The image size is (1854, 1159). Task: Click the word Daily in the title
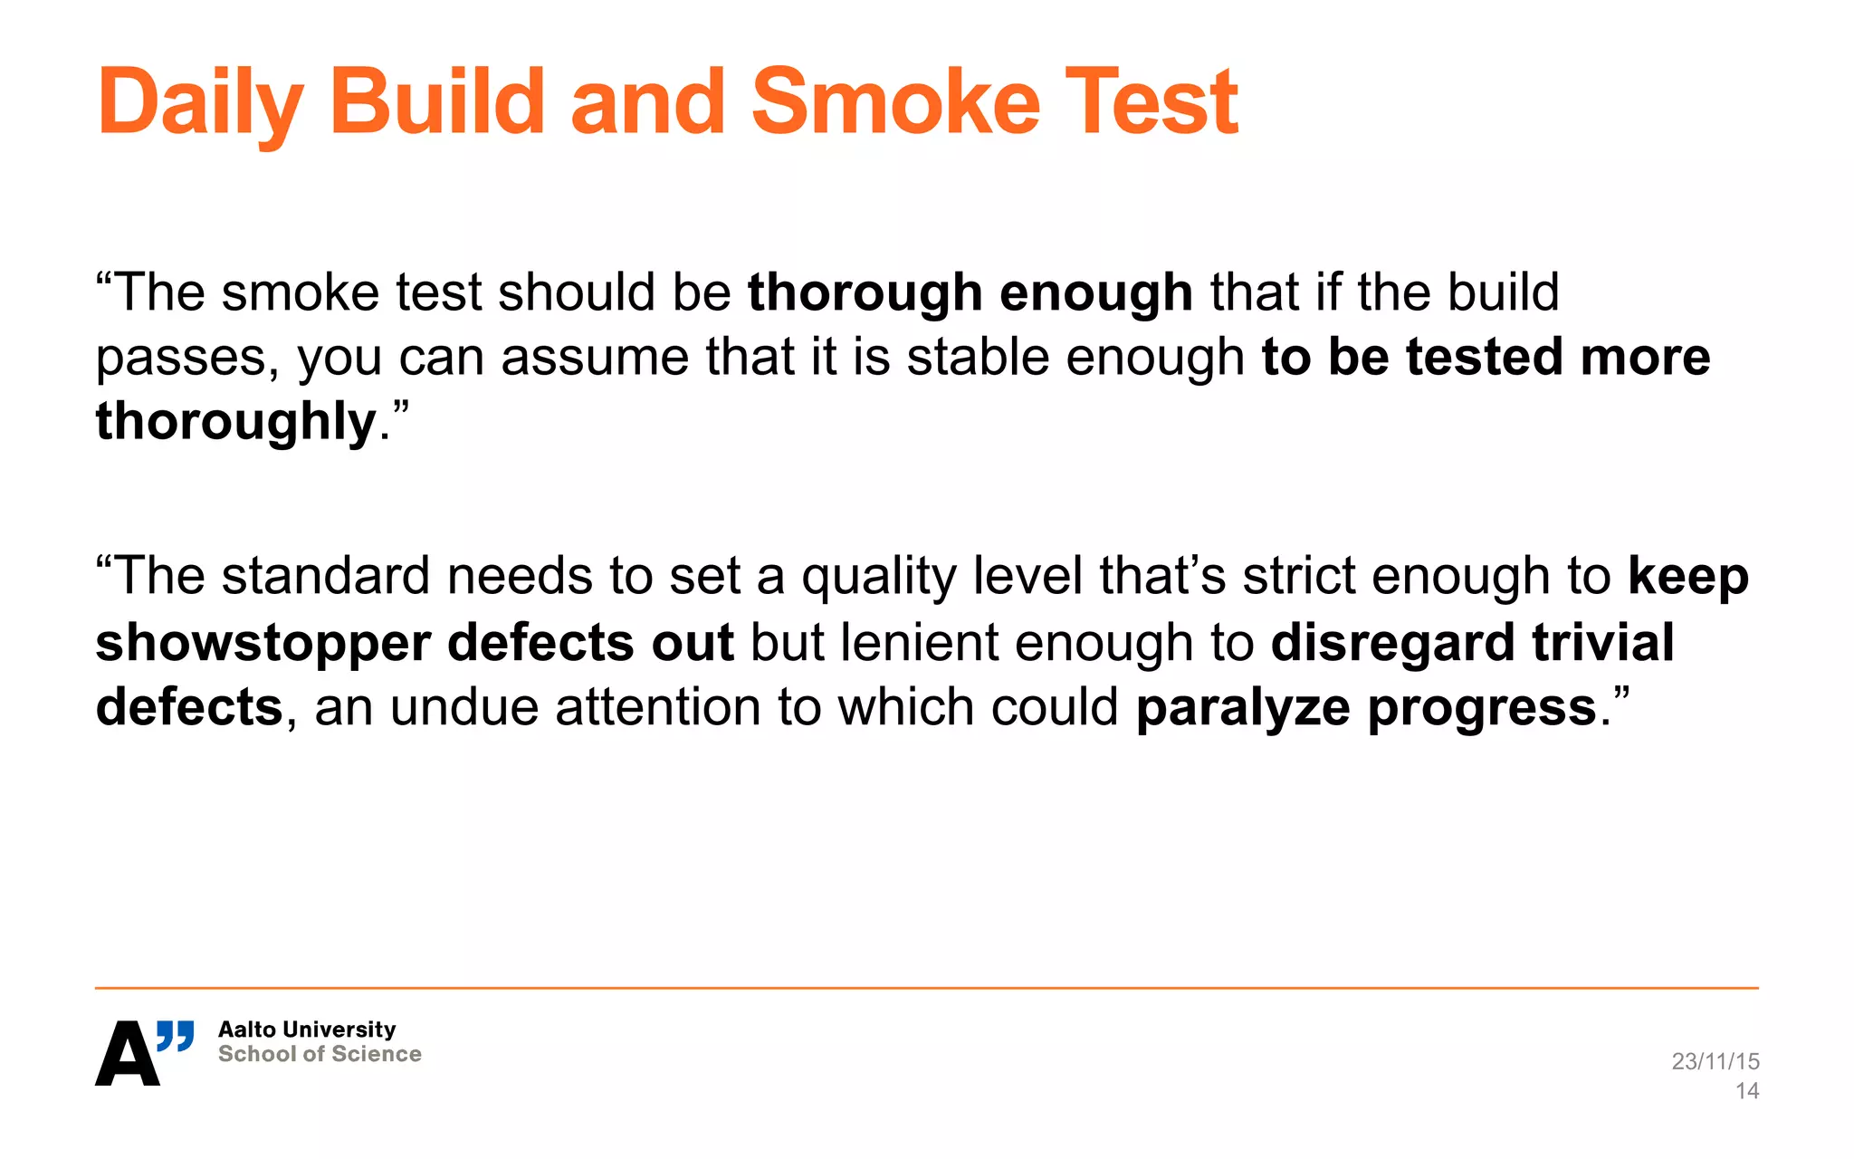[200, 103]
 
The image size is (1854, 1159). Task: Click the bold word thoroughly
[236, 422]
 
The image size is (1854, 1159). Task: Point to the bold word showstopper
[263, 642]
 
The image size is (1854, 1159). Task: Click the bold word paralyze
[1242, 708]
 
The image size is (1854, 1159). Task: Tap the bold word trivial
[1602, 642]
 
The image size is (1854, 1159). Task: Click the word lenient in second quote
[919, 642]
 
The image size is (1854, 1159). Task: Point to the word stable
[978, 357]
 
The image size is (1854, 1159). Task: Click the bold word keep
[1687, 578]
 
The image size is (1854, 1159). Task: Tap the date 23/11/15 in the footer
[1715, 1061]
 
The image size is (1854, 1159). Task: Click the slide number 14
[1746, 1091]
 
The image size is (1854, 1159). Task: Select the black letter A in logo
[127, 1054]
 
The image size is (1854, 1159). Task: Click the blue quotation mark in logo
[176, 1035]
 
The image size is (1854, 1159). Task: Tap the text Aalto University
[307, 1030]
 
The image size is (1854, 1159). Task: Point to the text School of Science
[320, 1054]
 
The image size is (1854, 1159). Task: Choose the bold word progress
[1481, 708]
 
